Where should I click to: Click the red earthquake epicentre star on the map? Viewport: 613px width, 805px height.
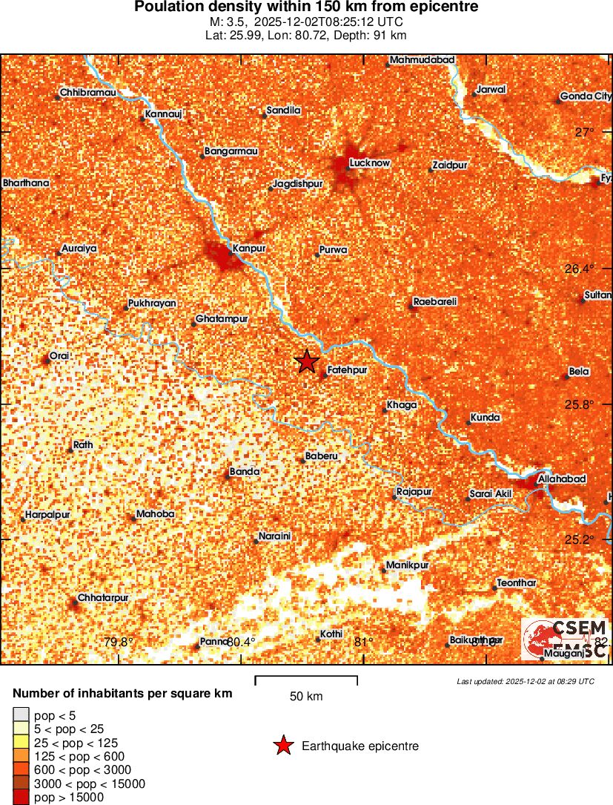pos(306,361)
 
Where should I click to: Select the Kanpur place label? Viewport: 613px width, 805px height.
pos(248,248)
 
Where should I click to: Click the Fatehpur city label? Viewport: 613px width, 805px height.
pos(347,369)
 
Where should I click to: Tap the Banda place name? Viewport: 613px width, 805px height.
pos(244,471)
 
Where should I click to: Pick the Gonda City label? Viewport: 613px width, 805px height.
pos(586,96)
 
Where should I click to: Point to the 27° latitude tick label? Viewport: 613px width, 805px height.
pos(585,132)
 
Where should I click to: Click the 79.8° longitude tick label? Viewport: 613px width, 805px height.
pos(118,643)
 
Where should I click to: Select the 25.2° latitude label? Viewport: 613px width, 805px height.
pos(579,539)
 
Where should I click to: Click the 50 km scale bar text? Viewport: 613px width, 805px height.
pos(305,697)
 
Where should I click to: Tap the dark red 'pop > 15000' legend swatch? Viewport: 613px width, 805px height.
pos(21,798)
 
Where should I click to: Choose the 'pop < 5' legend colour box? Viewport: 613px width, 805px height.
pos(21,716)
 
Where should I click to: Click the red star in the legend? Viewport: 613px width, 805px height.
pos(283,746)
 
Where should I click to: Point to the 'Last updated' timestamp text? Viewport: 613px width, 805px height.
pos(525,681)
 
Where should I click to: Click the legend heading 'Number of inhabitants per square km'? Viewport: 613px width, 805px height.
pos(122,694)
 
